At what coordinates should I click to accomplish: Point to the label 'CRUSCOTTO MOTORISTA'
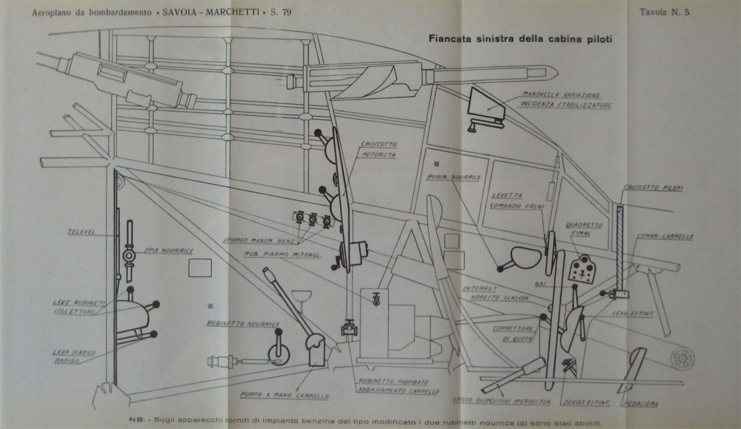pyautogui.click(x=379, y=149)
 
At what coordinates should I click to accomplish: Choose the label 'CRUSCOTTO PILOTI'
pyautogui.click(x=656, y=188)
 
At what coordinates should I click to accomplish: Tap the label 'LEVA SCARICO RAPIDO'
pyautogui.click(x=73, y=356)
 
